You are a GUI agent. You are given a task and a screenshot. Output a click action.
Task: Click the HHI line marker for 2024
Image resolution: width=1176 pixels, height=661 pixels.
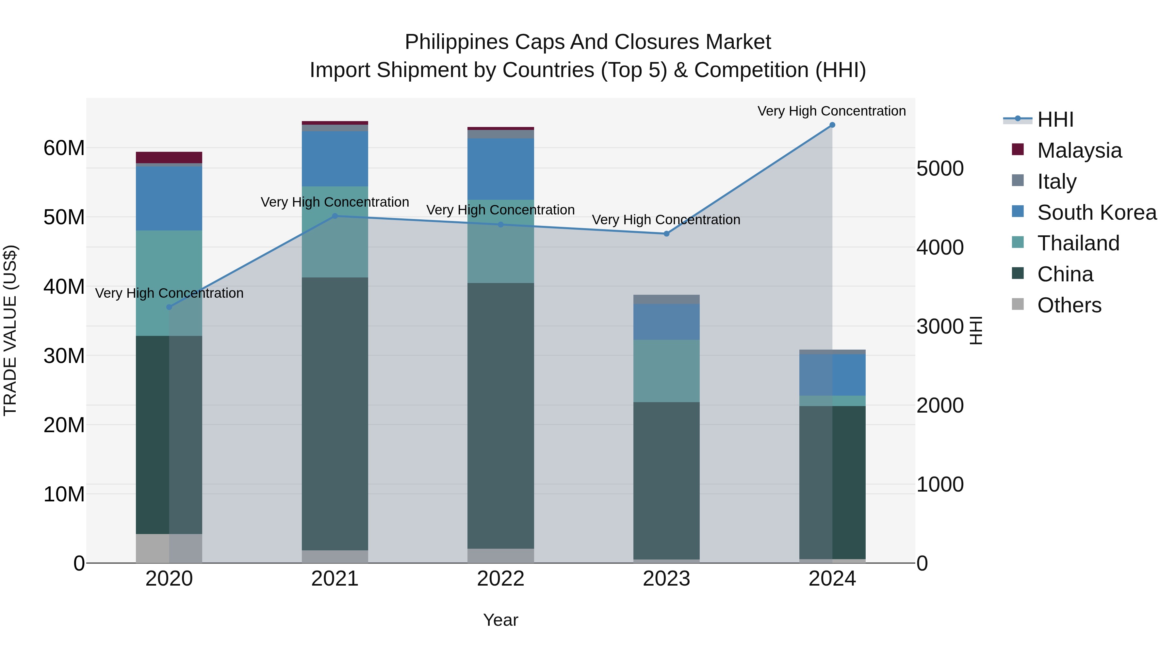click(x=832, y=125)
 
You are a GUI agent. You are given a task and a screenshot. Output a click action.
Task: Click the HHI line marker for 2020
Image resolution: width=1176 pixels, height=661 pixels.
click(x=169, y=307)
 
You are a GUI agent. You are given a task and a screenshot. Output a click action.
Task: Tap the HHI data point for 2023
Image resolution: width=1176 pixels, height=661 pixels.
click(x=666, y=234)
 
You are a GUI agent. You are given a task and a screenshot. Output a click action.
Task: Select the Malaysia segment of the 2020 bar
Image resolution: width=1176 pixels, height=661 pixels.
click(x=169, y=157)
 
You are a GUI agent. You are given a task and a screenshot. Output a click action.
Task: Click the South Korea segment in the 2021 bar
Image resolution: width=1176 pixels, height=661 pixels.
click(x=335, y=159)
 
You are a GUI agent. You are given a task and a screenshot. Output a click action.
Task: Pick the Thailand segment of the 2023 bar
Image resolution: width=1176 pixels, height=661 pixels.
click(x=666, y=370)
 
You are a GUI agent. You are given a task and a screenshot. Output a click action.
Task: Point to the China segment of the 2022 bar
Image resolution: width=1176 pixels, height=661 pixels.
click(x=500, y=415)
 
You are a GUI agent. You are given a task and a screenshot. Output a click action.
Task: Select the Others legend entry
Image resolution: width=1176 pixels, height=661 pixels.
click(x=1069, y=305)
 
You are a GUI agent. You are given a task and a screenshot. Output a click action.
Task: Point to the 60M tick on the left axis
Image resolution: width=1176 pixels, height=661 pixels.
click(x=64, y=148)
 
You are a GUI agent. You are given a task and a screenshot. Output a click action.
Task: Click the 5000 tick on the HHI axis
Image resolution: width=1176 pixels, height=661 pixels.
click(x=939, y=169)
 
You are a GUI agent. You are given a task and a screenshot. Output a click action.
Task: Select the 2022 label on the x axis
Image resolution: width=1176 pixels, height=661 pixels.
click(x=500, y=579)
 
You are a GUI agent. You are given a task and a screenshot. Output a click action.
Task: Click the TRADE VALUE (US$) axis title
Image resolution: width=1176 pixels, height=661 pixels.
click(x=10, y=330)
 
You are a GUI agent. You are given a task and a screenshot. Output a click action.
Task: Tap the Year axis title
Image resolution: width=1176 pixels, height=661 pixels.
click(x=500, y=620)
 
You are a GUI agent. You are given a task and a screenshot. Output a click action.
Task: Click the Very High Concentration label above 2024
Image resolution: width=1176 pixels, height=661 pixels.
click(x=831, y=111)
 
